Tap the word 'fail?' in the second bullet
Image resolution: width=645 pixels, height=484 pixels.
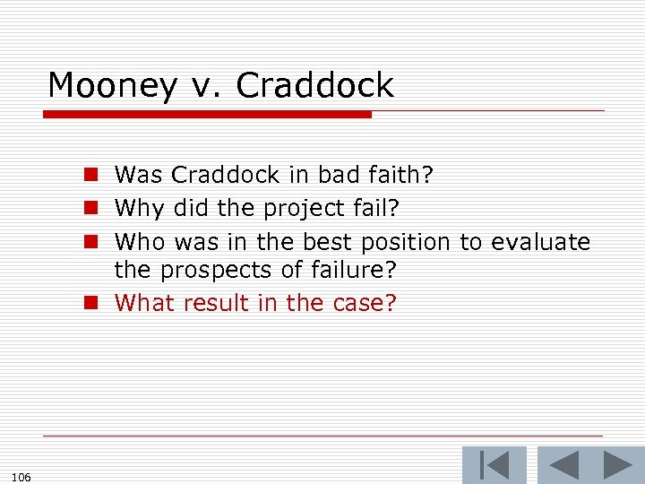coord(379,208)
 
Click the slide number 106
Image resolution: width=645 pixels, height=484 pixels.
coord(22,477)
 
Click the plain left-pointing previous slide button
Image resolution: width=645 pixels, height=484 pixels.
coord(563,465)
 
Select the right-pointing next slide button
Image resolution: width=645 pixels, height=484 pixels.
coord(618,465)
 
